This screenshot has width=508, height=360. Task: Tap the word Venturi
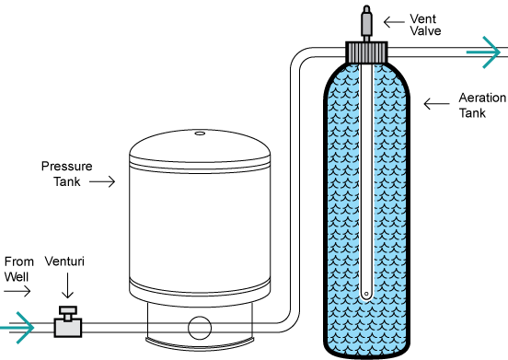click(64, 261)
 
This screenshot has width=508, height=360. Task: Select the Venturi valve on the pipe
click(68, 321)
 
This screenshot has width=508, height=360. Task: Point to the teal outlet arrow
click(483, 52)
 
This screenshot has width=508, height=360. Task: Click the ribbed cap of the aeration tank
click(366, 52)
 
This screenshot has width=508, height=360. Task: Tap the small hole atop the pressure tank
click(200, 134)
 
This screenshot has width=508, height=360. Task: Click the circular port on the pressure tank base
click(200, 328)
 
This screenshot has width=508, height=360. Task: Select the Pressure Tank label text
click(67, 174)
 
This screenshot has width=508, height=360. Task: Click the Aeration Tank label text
click(482, 105)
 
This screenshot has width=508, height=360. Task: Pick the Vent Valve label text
click(425, 25)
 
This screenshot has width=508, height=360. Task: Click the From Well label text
click(18, 269)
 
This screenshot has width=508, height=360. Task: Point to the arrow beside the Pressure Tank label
click(102, 181)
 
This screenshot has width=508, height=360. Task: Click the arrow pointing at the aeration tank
click(436, 104)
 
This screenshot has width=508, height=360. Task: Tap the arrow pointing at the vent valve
click(394, 22)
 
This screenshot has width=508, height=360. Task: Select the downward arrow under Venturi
click(67, 285)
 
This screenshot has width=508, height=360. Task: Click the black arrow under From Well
click(17, 291)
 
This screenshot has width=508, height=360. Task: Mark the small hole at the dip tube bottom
click(366, 294)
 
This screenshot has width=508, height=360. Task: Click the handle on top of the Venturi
click(68, 313)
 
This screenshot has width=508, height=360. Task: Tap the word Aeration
click(482, 98)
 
